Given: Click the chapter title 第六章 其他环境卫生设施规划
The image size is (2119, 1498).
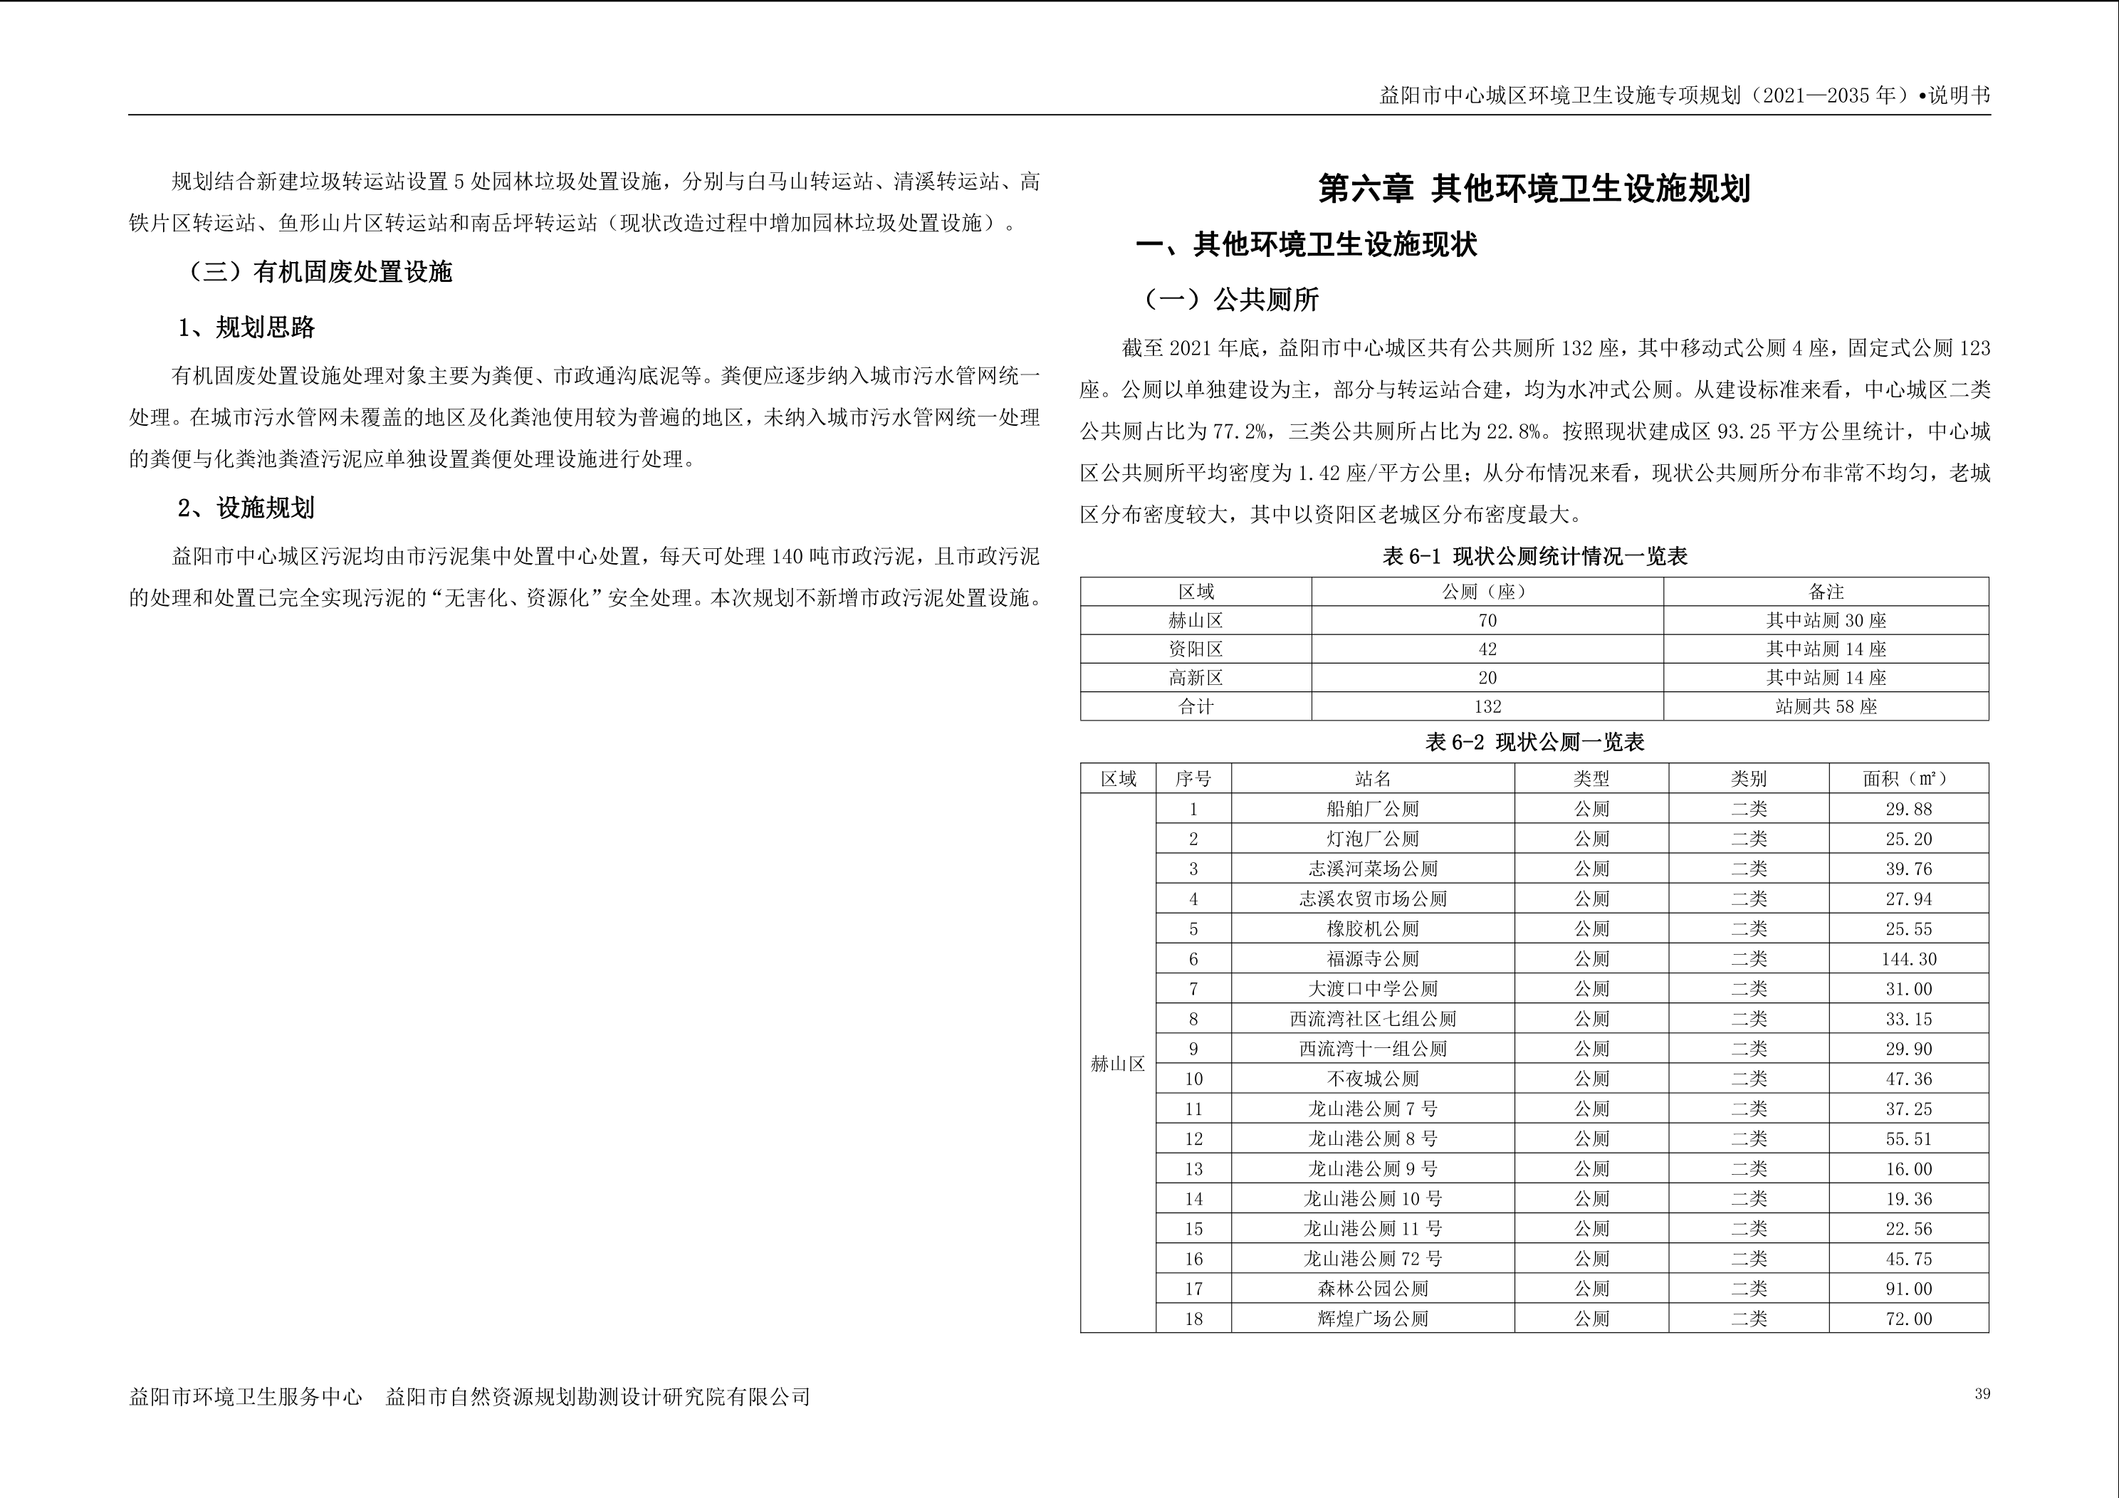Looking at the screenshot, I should [1534, 189].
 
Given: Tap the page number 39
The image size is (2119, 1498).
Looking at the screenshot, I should [1982, 1395].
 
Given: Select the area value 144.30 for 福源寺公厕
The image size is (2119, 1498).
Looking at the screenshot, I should [1908, 959].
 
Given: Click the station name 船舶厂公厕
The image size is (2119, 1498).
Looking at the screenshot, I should [1372, 810].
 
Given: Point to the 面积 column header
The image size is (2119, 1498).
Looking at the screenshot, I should [1908, 779].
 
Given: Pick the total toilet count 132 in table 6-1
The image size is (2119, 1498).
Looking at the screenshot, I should [1487, 707].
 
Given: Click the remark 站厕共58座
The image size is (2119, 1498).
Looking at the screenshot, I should [1826, 707].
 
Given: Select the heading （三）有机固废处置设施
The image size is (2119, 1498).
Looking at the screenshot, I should [319, 272].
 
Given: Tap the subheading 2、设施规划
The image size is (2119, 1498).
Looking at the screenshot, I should [246, 508].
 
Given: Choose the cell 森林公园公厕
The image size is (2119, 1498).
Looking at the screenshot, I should [1372, 1289].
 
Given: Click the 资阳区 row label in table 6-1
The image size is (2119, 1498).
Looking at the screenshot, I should [1195, 649].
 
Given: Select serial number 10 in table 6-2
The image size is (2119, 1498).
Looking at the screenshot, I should [1193, 1079].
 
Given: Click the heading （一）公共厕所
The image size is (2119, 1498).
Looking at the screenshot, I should [1231, 300].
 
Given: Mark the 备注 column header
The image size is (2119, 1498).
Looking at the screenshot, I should [1826, 592].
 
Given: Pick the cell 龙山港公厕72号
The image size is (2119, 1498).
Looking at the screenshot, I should [1372, 1259].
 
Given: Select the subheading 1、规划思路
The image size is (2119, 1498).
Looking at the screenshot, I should [246, 328].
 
